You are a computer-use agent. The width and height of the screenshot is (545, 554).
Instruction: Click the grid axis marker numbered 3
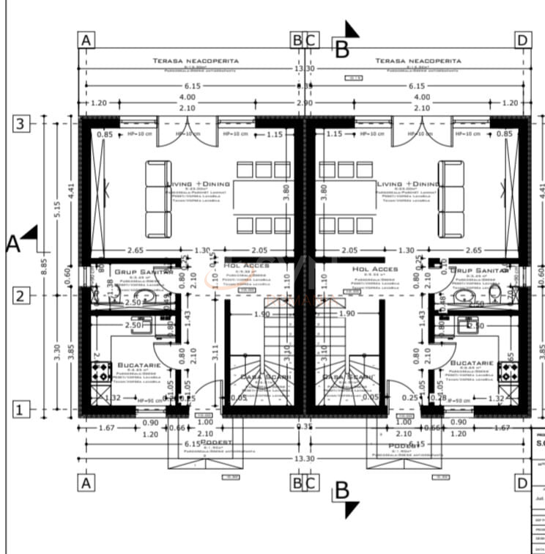point(21,124)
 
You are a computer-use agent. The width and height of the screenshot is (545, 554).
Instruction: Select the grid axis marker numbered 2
point(21,296)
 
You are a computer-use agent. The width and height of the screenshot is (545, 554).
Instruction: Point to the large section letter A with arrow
point(13,243)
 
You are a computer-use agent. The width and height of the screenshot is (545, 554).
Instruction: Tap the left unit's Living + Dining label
point(199,184)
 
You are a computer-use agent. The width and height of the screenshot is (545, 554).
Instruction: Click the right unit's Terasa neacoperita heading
point(418,61)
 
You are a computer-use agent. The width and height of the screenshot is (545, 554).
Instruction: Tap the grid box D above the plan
point(522,40)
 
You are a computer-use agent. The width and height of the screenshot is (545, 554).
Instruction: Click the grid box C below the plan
point(311,483)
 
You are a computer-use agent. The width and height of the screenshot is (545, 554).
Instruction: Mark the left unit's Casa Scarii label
point(267,377)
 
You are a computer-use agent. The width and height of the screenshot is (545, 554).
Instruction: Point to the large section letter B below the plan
point(342,492)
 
